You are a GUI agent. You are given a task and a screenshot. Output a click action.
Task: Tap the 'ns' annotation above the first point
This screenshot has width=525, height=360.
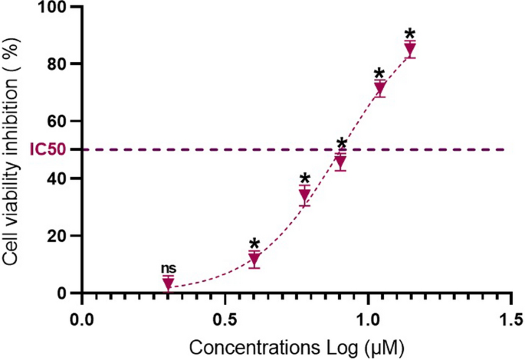tap(168, 268)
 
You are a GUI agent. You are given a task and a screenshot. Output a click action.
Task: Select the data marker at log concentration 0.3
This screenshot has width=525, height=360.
tap(168, 283)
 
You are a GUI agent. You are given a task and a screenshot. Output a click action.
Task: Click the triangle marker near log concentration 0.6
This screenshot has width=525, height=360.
tap(254, 259)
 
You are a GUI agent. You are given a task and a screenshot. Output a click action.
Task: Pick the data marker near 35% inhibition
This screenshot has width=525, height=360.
tap(304, 195)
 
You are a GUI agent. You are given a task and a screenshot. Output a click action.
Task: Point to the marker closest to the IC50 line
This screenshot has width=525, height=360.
tap(341, 161)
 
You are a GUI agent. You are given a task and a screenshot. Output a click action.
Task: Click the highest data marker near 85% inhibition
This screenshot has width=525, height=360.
tap(410, 49)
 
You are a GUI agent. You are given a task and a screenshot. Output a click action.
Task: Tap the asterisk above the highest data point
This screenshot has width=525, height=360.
tap(410, 34)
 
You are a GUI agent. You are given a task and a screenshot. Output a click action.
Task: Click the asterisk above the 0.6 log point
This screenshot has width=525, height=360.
tap(254, 244)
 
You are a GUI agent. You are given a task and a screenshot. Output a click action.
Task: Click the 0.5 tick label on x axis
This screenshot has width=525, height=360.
tap(225, 316)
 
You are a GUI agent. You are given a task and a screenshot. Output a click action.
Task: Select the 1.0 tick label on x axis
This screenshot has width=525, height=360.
tap(368, 316)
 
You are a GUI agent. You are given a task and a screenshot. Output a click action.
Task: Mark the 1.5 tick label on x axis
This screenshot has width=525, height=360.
tap(511, 316)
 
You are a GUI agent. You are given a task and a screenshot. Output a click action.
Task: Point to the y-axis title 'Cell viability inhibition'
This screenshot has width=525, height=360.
tap(13, 150)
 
